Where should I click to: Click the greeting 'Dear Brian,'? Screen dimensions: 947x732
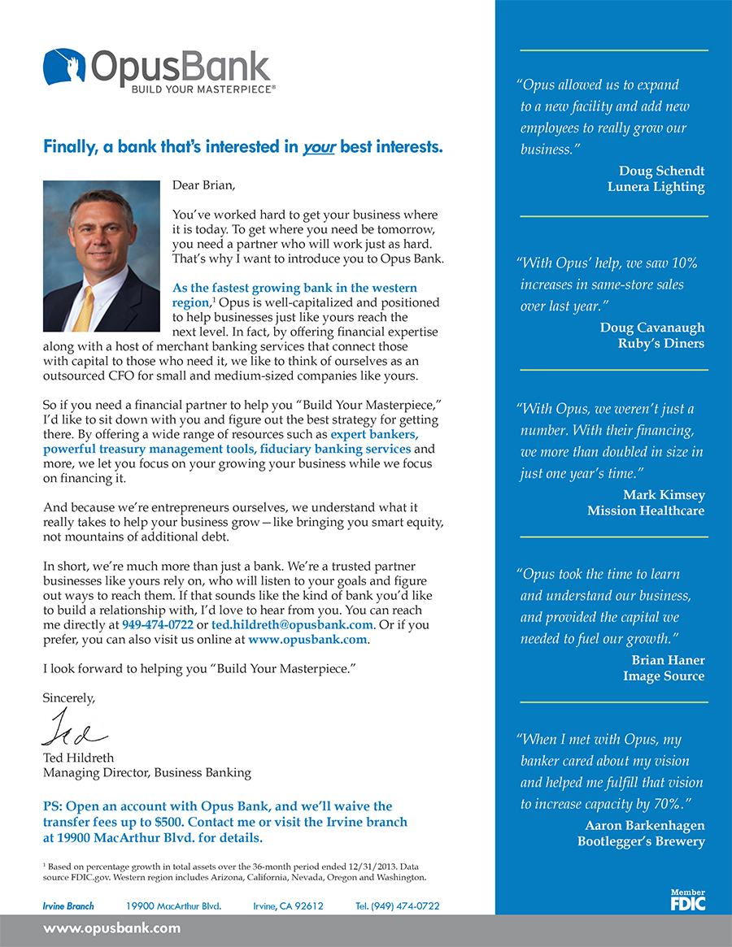click(x=203, y=185)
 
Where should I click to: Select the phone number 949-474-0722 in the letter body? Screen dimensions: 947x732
click(x=158, y=625)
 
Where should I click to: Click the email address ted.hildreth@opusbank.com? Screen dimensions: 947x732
click(x=292, y=625)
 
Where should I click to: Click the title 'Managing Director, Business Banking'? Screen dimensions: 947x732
click(x=147, y=772)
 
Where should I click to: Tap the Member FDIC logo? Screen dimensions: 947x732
click(x=687, y=899)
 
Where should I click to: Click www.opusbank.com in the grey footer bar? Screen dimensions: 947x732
click(x=111, y=928)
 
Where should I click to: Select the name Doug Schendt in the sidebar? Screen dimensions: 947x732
click(x=661, y=171)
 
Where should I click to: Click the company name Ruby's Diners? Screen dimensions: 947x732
click(x=660, y=343)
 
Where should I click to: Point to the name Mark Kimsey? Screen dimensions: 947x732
click(x=664, y=495)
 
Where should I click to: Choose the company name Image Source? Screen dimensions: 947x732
click(x=664, y=675)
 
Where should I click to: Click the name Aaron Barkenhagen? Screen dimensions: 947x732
click(x=645, y=825)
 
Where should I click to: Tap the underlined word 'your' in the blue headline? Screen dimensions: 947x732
click(x=319, y=148)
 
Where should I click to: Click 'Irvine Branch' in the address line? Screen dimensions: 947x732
click(x=68, y=906)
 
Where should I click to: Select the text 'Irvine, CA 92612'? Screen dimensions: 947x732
click(x=288, y=906)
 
